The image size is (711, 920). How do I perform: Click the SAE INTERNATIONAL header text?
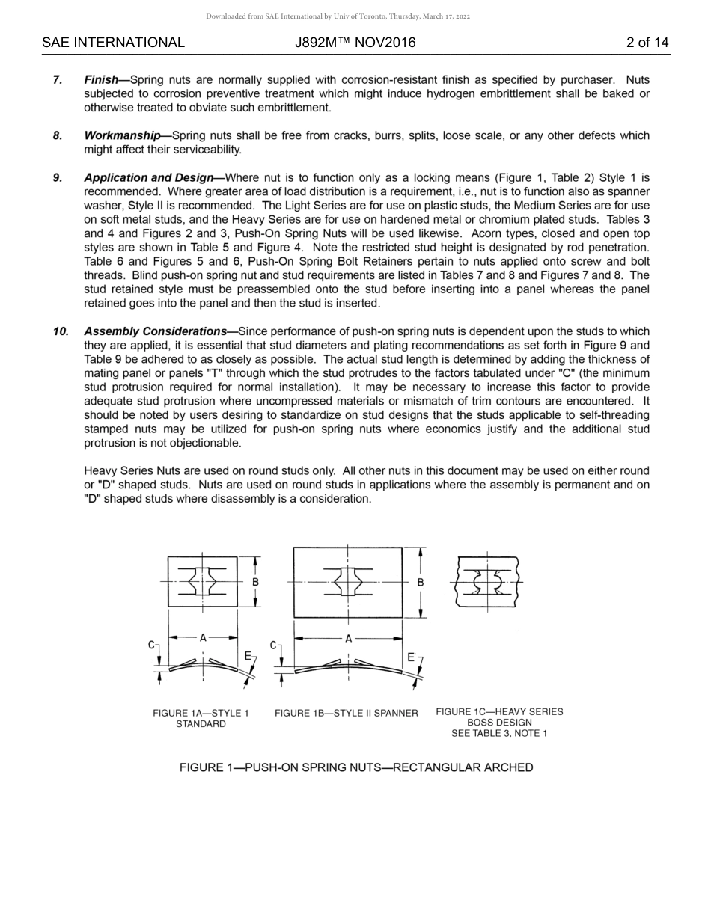click(x=113, y=43)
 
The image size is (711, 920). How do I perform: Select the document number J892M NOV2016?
click(x=355, y=43)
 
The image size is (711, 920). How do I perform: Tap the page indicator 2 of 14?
click(x=647, y=43)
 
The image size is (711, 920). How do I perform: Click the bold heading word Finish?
click(x=101, y=79)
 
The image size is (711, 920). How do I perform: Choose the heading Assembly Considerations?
click(x=155, y=331)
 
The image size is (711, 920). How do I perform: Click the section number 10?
click(x=61, y=331)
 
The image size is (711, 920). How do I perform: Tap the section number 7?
click(x=58, y=79)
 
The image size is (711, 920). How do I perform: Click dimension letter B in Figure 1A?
click(x=255, y=582)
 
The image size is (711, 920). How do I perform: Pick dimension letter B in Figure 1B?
click(x=421, y=582)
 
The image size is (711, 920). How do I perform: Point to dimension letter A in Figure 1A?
click(x=203, y=638)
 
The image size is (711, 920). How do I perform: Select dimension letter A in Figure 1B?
click(x=348, y=639)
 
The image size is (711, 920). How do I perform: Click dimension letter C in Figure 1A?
click(x=152, y=645)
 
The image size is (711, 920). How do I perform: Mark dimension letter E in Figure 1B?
click(x=411, y=657)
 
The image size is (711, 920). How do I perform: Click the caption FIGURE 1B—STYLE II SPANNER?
click(x=346, y=714)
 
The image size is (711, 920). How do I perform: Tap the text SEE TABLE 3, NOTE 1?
click(x=499, y=733)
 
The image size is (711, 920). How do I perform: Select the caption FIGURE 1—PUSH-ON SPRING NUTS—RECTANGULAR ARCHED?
click(x=356, y=767)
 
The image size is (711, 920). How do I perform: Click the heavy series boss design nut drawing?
click(x=487, y=582)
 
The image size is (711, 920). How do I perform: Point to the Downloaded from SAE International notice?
click(x=338, y=16)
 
